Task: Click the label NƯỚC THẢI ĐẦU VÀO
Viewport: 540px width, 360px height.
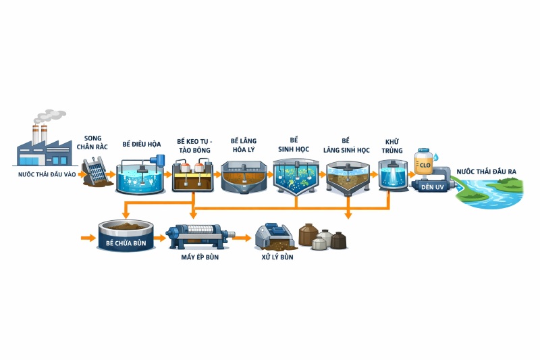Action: [47, 174]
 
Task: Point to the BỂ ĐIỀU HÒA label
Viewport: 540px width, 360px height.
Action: [142, 144]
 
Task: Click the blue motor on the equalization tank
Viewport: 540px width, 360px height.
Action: [159, 160]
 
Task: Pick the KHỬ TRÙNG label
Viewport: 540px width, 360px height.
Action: [393, 145]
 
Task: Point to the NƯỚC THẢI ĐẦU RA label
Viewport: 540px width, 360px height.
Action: [486, 172]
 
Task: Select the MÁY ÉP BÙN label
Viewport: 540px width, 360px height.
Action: [200, 257]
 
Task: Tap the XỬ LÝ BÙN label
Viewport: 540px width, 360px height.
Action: [277, 257]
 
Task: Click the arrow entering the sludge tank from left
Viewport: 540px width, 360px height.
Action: [88, 238]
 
